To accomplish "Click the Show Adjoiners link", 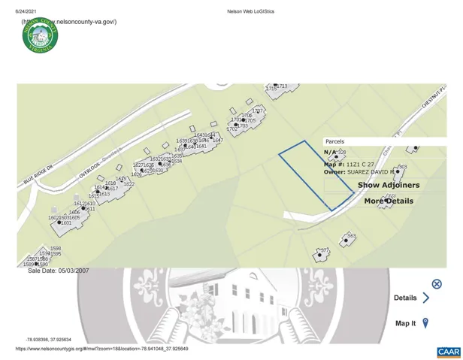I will click(x=389, y=185).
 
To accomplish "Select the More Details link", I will click(x=389, y=201).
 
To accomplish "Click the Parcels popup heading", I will click(x=335, y=141).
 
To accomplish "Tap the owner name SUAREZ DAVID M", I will click(x=370, y=172).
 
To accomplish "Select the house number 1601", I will click(x=66, y=223).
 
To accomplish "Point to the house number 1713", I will click(x=282, y=86).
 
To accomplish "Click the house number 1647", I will click(x=218, y=141).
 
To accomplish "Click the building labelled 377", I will click(x=323, y=253).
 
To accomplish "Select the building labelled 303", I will click(x=401, y=168).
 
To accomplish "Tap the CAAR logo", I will click(x=448, y=352).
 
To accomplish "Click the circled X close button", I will click(x=437, y=284).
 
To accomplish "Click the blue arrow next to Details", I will click(x=426, y=298).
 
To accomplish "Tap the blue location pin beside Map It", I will click(x=425, y=323).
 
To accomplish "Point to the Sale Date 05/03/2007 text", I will click(x=58, y=271).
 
